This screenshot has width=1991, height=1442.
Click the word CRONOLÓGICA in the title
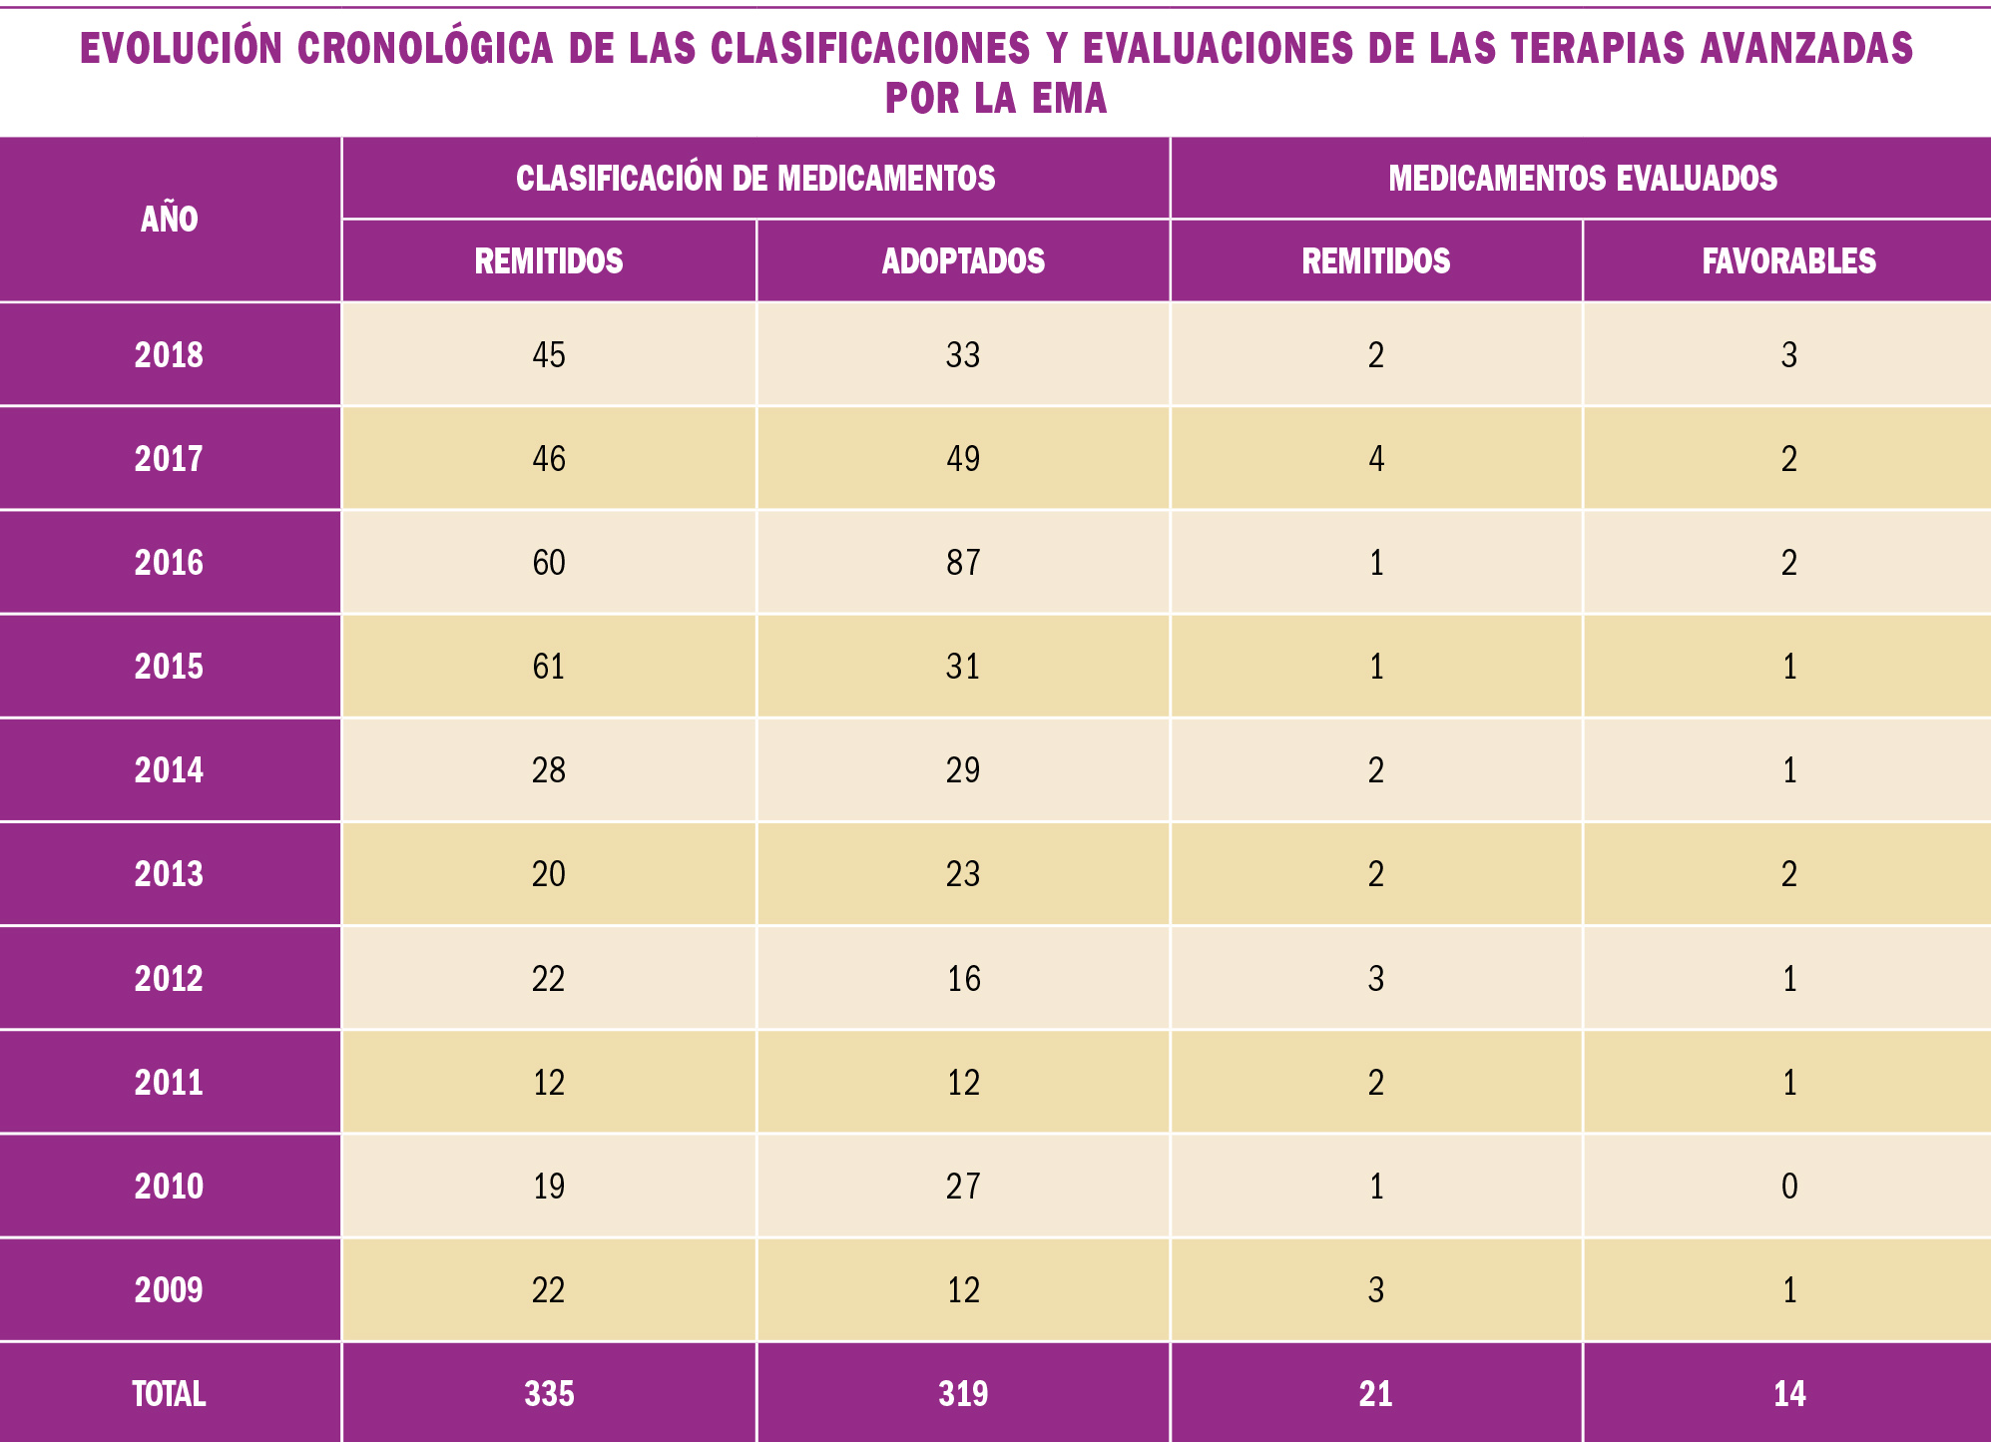coord(425,48)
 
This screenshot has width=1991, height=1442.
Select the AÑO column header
coord(170,220)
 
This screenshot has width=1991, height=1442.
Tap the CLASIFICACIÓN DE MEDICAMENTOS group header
coord(755,179)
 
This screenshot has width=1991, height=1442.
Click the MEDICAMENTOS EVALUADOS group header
coord(1583,179)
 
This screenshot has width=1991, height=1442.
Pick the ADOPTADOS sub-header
coord(963,261)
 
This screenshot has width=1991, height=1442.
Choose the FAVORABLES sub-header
coord(1788,261)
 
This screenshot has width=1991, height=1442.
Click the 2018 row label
coord(170,355)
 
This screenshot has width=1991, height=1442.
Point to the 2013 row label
coord(170,874)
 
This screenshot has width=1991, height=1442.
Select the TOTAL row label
coord(170,1394)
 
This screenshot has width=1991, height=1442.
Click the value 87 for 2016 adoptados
coord(963,563)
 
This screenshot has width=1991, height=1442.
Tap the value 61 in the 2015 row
coord(549,667)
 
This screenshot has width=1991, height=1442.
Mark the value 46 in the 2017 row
coord(549,459)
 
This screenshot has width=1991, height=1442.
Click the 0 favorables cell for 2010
coord(1789,1187)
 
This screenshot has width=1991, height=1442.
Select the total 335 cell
coord(549,1394)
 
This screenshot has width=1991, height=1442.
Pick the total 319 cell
coord(963,1394)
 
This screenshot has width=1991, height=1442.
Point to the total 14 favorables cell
coord(1789,1394)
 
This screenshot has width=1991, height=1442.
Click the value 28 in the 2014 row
coord(549,770)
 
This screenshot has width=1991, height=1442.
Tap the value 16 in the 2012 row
coord(963,979)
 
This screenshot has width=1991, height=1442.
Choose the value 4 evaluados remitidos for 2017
coord(1376,459)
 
